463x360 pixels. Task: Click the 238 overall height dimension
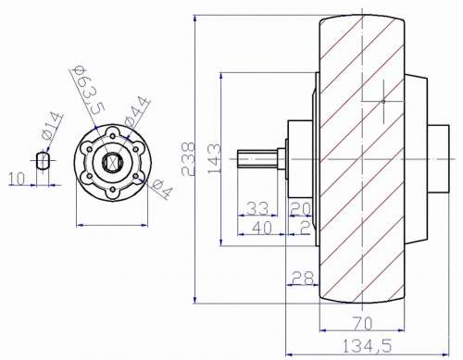(188, 158)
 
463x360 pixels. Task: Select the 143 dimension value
(214, 158)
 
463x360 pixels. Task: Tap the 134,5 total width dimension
(367, 346)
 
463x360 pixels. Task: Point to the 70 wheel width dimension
(362, 324)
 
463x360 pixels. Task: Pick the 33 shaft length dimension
(257, 208)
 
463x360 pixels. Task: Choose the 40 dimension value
(262, 228)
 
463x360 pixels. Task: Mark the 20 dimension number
(301, 209)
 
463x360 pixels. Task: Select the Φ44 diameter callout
(137, 112)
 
